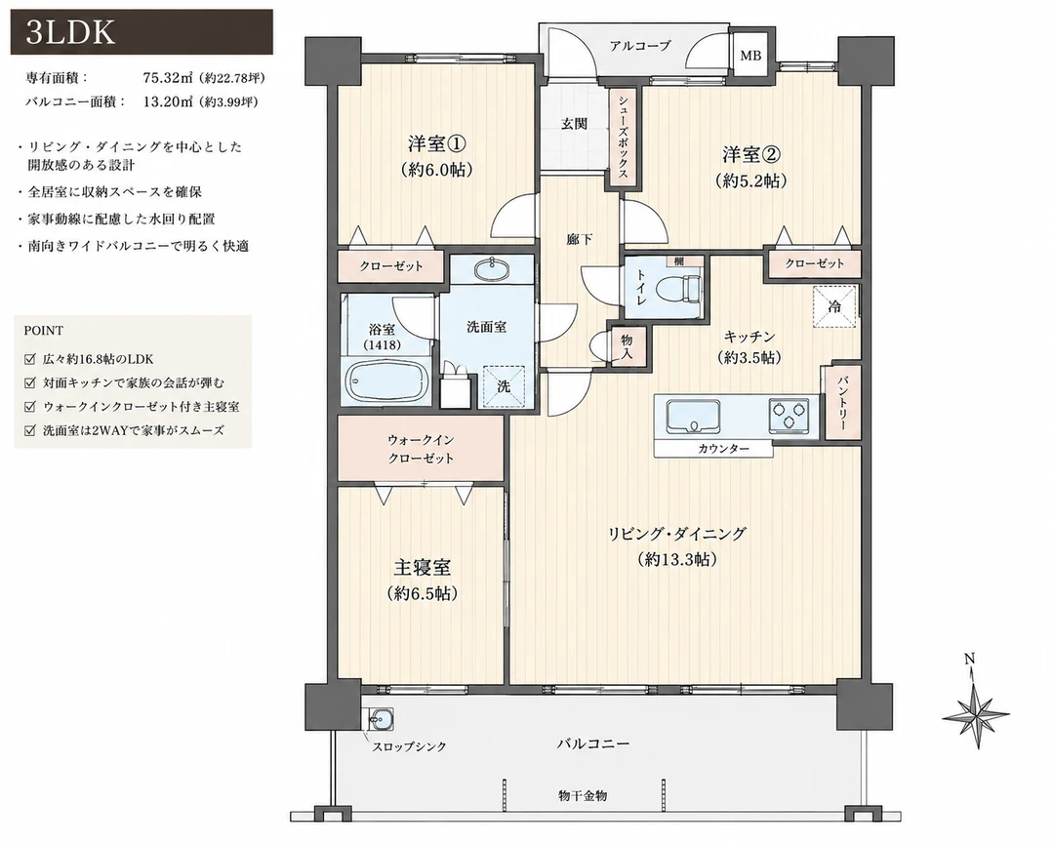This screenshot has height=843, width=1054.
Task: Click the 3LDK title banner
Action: (x=142, y=31)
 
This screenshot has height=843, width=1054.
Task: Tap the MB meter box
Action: (x=750, y=55)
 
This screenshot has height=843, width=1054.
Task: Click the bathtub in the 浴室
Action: (x=387, y=382)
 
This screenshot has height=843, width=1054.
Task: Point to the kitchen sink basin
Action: (x=693, y=417)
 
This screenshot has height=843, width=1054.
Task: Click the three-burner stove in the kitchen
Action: (x=790, y=416)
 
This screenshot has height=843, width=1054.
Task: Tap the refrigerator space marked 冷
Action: (x=834, y=306)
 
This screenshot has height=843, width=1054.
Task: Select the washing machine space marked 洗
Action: (x=504, y=386)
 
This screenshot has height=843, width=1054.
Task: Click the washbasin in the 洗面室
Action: (x=493, y=269)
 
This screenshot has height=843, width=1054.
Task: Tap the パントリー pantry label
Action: (x=841, y=403)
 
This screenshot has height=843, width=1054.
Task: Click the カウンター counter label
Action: (x=723, y=449)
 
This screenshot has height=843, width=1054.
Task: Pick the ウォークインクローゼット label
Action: (x=421, y=449)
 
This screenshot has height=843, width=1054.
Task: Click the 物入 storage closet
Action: (x=628, y=347)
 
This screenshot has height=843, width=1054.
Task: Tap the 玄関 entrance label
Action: (x=574, y=124)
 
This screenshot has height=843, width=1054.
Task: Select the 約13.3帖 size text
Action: (x=677, y=559)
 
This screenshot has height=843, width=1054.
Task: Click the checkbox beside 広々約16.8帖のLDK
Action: (x=29, y=359)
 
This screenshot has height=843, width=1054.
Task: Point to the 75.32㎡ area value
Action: (x=168, y=77)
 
